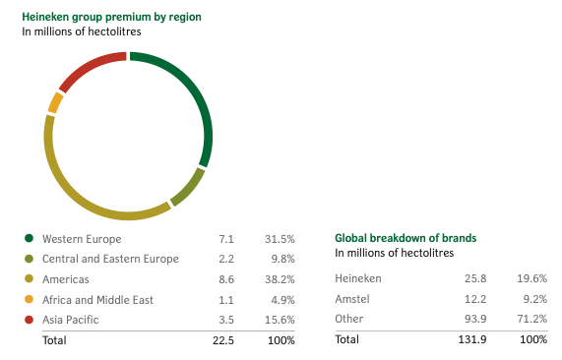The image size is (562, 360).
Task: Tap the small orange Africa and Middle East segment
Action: [55, 103]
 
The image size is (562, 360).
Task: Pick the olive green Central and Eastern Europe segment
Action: [189, 188]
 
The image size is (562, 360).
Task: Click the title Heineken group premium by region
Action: [111, 17]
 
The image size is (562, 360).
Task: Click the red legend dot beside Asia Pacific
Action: [29, 320]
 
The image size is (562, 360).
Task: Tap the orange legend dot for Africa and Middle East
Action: [29, 299]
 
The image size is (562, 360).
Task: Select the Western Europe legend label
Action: [82, 239]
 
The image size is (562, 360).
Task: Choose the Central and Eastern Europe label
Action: [110, 259]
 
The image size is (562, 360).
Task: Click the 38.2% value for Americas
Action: [280, 279]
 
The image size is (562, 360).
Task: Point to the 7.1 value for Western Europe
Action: [226, 239]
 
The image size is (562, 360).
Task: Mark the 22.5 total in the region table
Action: [223, 340]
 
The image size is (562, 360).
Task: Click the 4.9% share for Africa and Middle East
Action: [282, 299]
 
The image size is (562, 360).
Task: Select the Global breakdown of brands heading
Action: [406, 238]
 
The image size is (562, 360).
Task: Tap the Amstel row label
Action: [352, 299]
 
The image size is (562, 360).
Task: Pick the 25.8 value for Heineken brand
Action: [475, 278]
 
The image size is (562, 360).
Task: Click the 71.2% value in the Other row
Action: [531, 319]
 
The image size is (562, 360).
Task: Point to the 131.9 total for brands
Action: [472, 339]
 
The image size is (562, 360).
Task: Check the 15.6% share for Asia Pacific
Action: [280, 320]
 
